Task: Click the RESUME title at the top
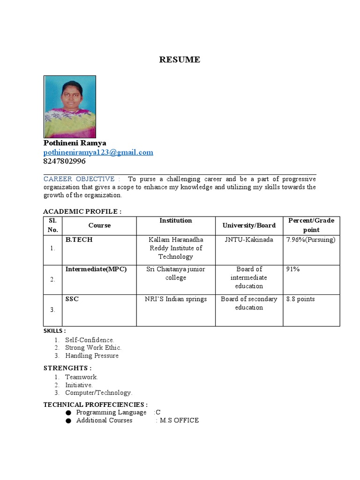(180, 60)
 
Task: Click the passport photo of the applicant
(70, 107)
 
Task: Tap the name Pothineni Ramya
(75, 143)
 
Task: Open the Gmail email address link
(98, 152)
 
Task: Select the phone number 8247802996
(65, 161)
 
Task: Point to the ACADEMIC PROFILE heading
(82, 211)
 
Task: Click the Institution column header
(176, 220)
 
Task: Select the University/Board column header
(249, 225)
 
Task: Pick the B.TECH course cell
(79, 240)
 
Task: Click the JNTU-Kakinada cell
(249, 240)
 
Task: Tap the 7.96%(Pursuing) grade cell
(311, 240)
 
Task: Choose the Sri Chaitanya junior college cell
(176, 273)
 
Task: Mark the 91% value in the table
(293, 269)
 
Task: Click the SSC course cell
(72, 299)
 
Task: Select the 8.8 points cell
(300, 299)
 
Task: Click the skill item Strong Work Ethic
(93, 347)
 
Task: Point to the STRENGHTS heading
(67, 368)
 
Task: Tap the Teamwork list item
(82, 377)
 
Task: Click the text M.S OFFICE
(179, 420)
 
